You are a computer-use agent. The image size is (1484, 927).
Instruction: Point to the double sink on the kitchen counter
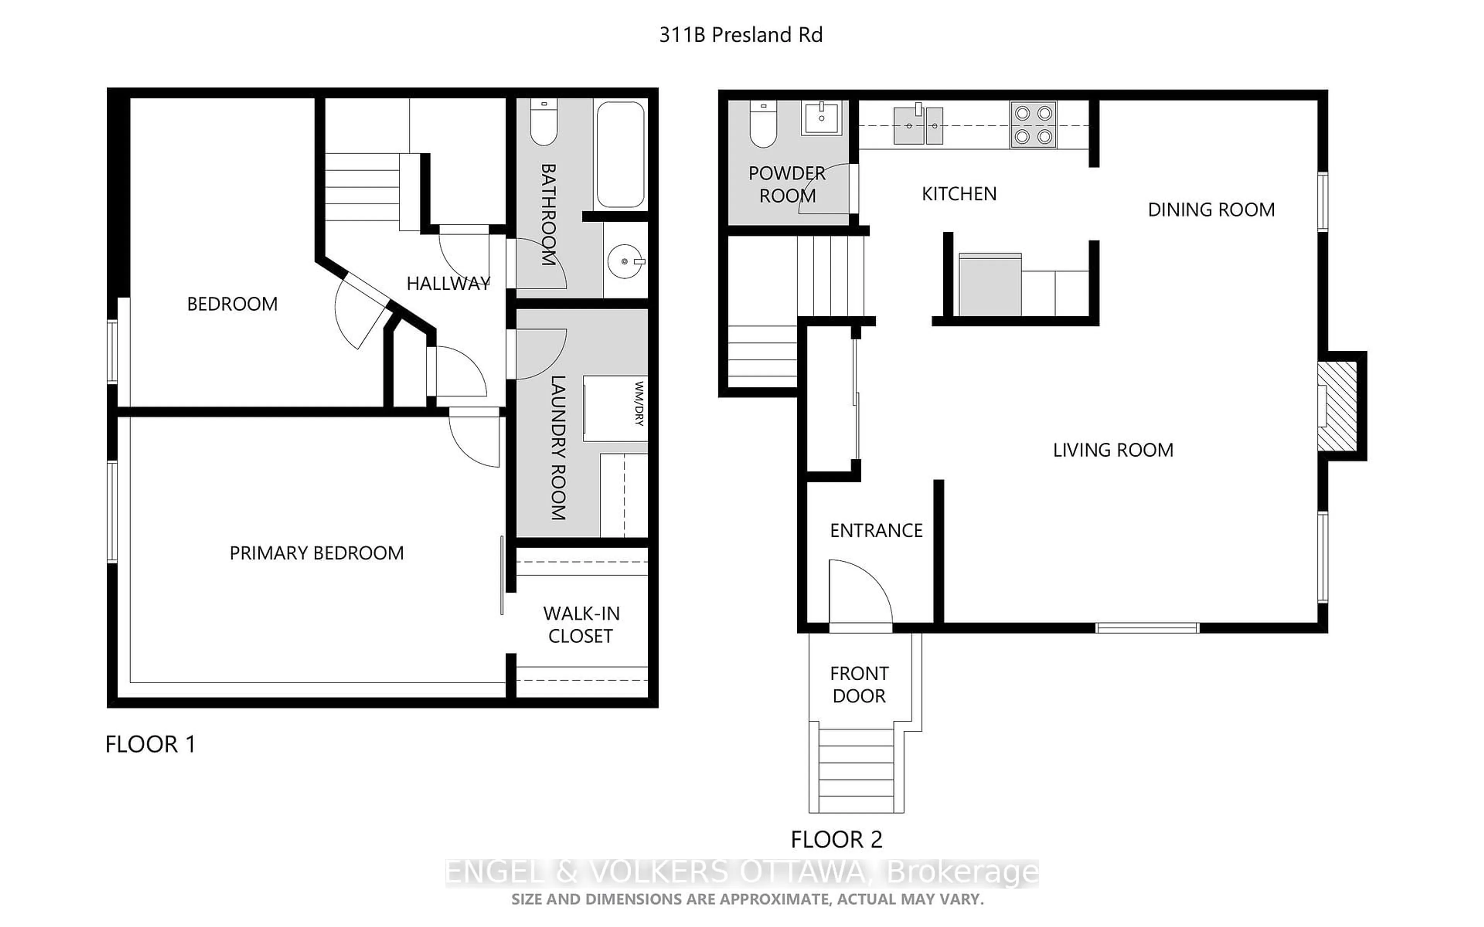point(917,126)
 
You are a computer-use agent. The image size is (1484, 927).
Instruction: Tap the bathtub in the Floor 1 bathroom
point(620,154)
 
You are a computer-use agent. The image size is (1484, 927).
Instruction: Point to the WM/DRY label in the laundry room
point(638,403)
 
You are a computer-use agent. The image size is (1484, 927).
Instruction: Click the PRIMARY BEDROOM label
point(317,553)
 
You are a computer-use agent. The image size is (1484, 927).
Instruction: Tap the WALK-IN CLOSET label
point(581,625)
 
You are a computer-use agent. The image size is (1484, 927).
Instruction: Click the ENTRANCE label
point(876,530)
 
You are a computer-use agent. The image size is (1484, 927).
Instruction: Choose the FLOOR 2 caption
point(836,839)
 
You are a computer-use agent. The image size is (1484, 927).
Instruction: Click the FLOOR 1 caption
point(150,744)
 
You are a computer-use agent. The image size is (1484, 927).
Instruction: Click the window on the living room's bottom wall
point(1147,628)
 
